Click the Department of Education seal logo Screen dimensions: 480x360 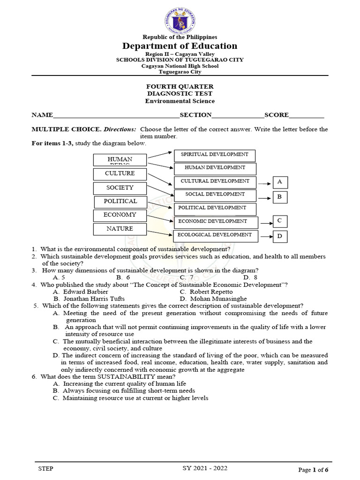point(180,19)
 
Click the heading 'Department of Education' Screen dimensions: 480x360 point(180,46)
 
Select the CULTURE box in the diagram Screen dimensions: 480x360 point(120,174)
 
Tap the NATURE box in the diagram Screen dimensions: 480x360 point(120,229)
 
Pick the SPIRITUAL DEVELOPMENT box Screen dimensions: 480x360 point(215,155)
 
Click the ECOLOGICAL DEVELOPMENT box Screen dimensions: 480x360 point(216,236)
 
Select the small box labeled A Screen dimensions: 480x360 point(280,182)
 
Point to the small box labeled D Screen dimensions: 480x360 point(280,237)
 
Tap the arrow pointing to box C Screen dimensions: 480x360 point(266,223)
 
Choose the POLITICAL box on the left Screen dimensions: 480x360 point(121,202)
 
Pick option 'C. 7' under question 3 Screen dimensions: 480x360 point(187,277)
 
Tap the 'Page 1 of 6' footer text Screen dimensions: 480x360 point(313,470)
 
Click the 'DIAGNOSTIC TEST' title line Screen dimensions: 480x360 point(180,94)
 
